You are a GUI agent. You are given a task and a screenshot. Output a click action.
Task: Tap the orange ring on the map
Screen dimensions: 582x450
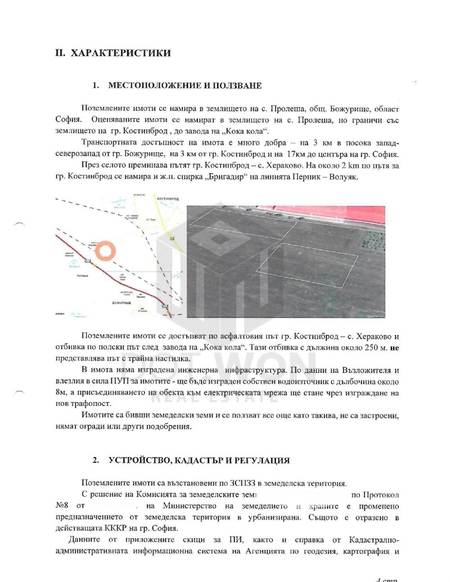point(105,251)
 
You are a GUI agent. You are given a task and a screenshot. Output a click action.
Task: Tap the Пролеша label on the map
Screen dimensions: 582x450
point(84,276)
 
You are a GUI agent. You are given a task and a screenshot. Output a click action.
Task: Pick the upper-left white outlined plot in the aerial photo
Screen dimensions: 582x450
point(242,223)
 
